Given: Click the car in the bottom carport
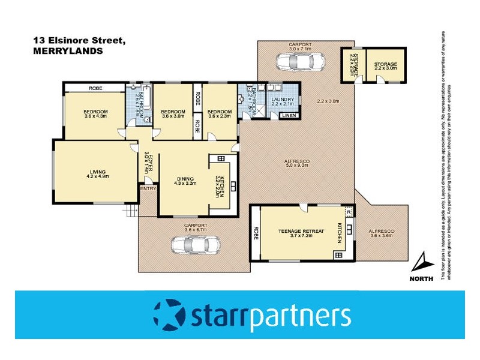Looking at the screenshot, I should point(196,245).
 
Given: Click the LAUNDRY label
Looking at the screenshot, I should point(282,100).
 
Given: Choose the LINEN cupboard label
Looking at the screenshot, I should point(289,115).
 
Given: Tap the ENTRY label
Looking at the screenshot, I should point(148,189).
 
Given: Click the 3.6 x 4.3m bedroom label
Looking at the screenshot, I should point(95,113).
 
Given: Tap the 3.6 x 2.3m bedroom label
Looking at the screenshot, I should point(220,113).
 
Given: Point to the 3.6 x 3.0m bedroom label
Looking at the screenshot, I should point(174,113).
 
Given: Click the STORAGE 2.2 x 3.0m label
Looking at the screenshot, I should point(386,67).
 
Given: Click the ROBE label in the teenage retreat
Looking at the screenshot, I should point(256,232).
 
